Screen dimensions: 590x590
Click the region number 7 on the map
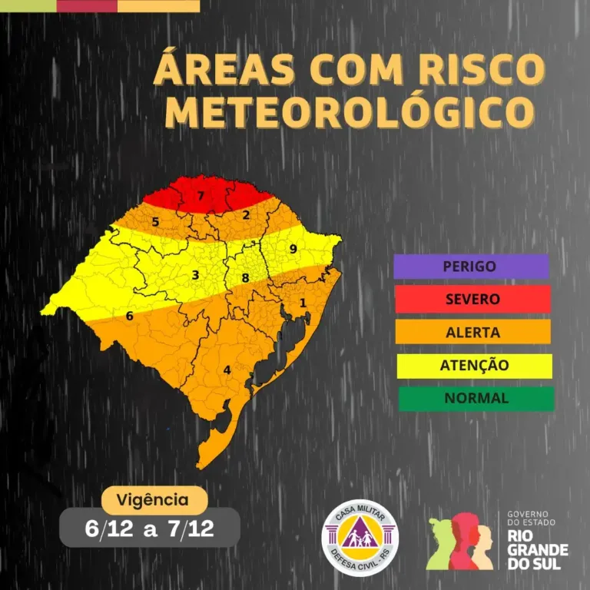click(201, 196)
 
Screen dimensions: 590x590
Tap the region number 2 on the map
click(246, 215)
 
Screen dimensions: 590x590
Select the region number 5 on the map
click(155, 223)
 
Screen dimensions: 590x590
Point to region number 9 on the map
click(293, 249)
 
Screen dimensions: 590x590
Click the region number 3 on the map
click(195, 275)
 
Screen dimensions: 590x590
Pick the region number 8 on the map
click(245, 278)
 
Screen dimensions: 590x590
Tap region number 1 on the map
click(303, 303)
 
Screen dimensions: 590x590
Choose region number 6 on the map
click(129, 316)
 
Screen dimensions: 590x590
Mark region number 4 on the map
click(227, 370)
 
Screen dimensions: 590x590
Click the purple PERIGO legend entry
click(471, 267)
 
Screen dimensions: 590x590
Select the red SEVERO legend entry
click(472, 299)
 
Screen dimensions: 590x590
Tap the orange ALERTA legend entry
click(472, 333)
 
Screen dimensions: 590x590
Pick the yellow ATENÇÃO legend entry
click(474, 366)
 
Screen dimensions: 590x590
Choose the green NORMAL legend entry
click(476, 398)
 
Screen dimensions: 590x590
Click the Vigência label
click(152, 500)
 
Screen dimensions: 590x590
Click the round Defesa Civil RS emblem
click(360, 538)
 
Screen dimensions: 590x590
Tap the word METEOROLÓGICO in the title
click(349, 112)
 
